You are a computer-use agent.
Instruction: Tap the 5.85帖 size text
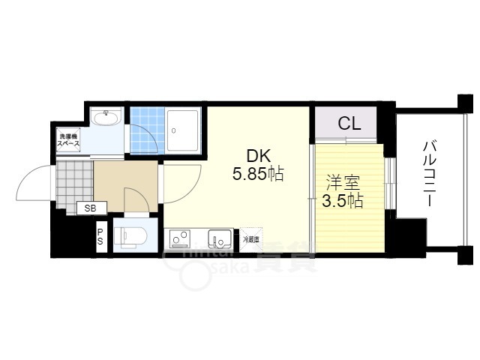(257, 175)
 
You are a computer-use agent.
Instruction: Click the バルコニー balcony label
(430, 173)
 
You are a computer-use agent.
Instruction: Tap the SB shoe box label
(90, 208)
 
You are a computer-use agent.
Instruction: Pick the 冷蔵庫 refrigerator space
(251, 238)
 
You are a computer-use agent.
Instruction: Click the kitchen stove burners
(180, 239)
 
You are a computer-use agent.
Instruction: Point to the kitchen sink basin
(220, 239)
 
